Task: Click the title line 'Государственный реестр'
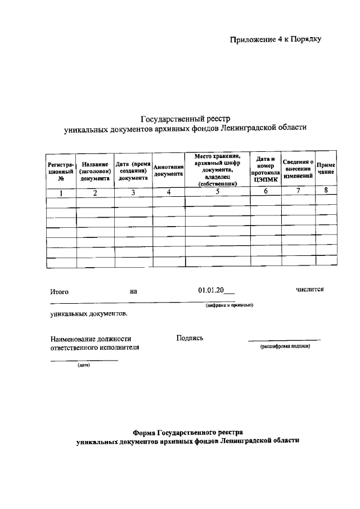pyautogui.click(x=185, y=119)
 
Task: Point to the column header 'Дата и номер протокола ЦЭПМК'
pyautogui.click(x=267, y=168)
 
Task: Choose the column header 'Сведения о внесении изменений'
pyautogui.click(x=298, y=168)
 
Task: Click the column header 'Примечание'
pyautogui.click(x=326, y=168)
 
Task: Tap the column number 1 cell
pyautogui.click(x=61, y=192)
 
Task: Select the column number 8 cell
pyautogui.click(x=326, y=190)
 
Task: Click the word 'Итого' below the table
pyautogui.click(x=59, y=292)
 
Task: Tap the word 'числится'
pyautogui.click(x=310, y=290)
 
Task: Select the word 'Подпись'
pyautogui.click(x=190, y=338)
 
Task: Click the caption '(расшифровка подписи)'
pyautogui.click(x=285, y=346)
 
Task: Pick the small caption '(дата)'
pyautogui.click(x=83, y=365)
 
